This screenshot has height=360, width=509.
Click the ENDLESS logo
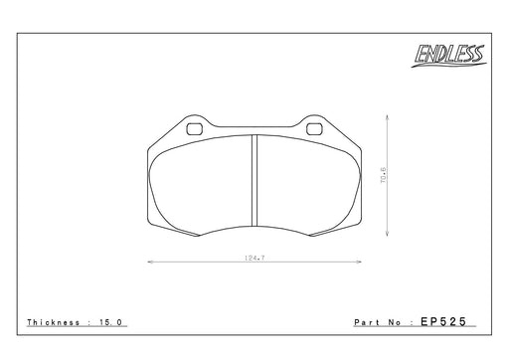point(448,56)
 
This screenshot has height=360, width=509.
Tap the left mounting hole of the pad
point(195,129)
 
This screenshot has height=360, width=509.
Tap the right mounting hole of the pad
point(314,129)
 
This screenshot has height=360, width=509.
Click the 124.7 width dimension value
point(254,258)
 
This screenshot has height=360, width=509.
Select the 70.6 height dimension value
point(383,176)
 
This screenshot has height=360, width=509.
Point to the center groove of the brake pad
point(254,180)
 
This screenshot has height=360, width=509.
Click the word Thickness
point(54,322)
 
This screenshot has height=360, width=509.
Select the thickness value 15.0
point(111,322)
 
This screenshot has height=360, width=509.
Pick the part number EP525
point(443,321)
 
